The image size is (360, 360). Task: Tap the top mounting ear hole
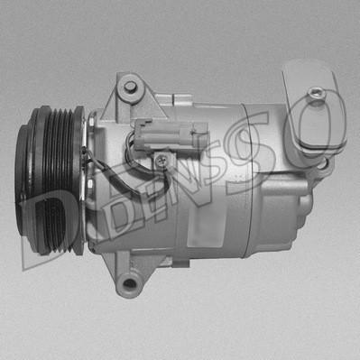(x=130, y=87)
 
